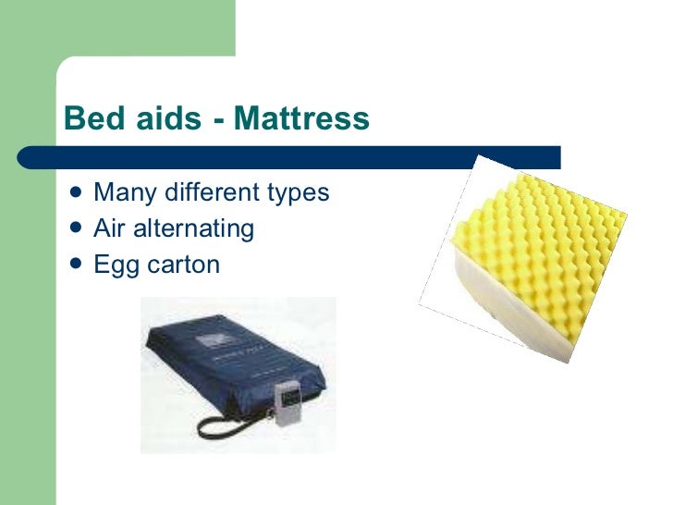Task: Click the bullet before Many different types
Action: (x=74, y=192)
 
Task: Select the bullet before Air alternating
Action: (x=74, y=228)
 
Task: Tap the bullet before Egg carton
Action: (x=74, y=265)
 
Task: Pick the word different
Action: (x=206, y=192)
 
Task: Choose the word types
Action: (x=298, y=194)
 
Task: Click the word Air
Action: (x=109, y=228)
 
